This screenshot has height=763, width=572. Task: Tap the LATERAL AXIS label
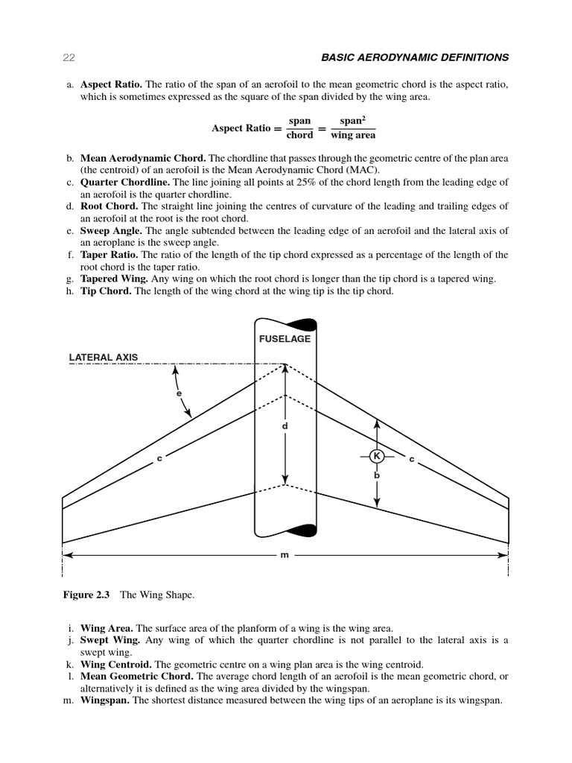click(x=104, y=358)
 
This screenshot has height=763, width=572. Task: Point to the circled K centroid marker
click(x=377, y=456)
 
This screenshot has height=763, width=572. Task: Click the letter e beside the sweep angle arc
click(x=179, y=392)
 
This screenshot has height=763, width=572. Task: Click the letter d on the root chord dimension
click(x=285, y=425)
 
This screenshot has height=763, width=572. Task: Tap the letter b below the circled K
click(x=377, y=474)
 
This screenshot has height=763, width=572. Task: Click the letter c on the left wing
click(x=159, y=459)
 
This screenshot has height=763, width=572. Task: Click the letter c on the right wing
click(x=412, y=459)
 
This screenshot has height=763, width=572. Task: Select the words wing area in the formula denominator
click(x=353, y=136)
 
